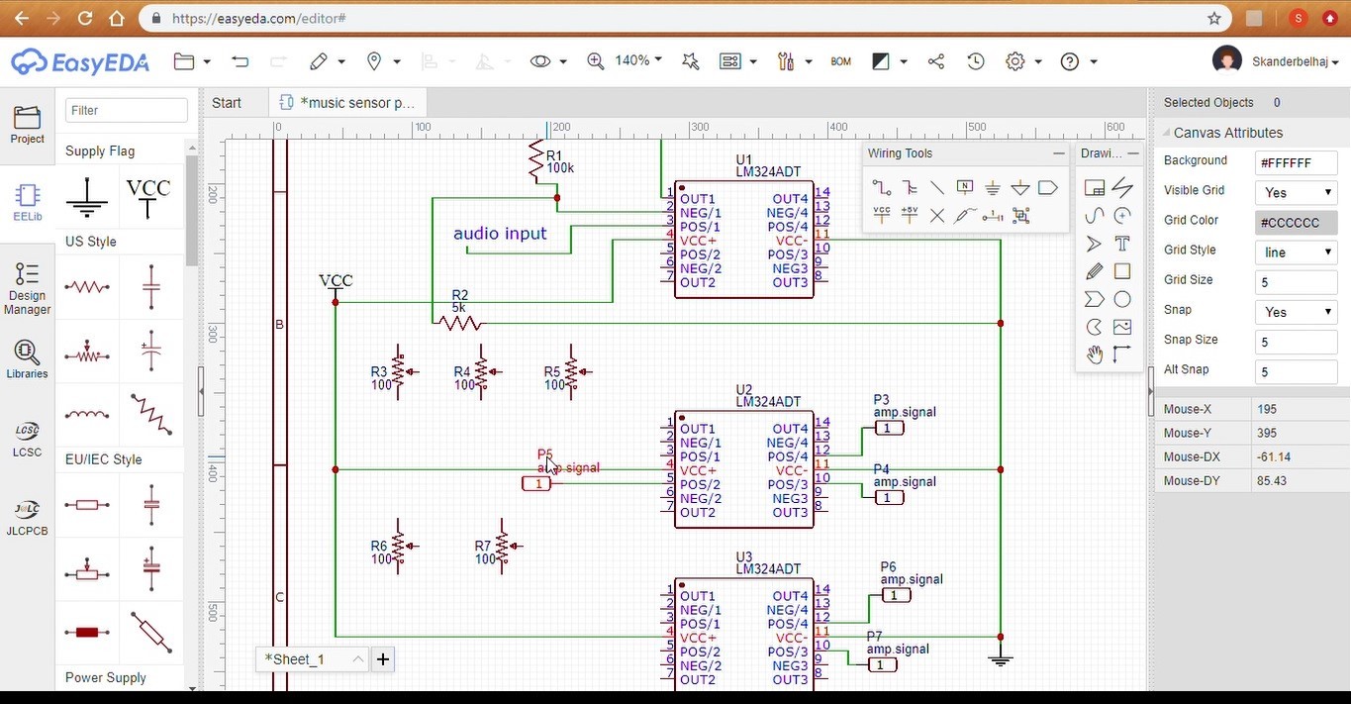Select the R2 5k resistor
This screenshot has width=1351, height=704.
click(x=460, y=323)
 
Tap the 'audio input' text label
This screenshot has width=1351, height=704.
click(x=500, y=234)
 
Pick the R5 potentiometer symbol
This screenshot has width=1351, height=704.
click(x=573, y=372)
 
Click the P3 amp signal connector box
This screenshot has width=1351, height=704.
click(x=889, y=428)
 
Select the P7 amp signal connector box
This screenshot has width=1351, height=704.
click(x=882, y=664)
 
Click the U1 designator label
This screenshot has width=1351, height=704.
click(x=744, y=159)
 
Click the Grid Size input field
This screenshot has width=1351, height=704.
click(x=1296, y=281)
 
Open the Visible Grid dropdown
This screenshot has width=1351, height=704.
click(x=1296, y=192)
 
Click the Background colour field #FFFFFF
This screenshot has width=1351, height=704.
click(x=1296, y=162)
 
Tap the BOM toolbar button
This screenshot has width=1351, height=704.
click(x=841, y=61)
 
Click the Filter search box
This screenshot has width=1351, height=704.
click(x=127, y=110)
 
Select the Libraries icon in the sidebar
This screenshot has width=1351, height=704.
click(x=27, y=359)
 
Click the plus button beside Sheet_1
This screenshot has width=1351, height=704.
click(x=382, y=659)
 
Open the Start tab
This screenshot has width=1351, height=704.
click(x=227, y=103)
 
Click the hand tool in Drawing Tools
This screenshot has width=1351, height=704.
click(x=1094, y=354)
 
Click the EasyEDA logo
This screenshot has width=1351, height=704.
click(x=80, y=62)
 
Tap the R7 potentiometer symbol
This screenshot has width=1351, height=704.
click(x=503, y=546)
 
